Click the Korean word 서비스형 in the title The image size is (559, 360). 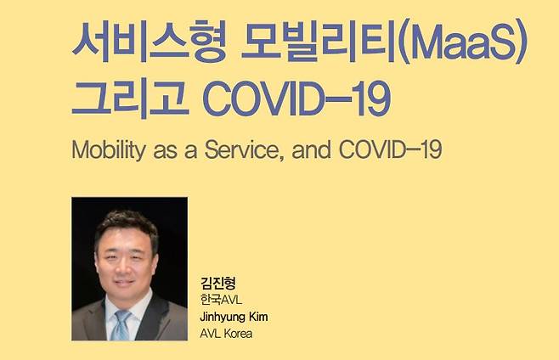point(150,41)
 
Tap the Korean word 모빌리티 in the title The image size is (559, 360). point(319,41)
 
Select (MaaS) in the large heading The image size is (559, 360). point(461,41)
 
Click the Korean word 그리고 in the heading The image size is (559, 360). point(130,98)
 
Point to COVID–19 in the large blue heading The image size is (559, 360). point(296,98)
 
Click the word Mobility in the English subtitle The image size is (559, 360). point(109,149)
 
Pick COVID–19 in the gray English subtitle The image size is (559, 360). point(391,149)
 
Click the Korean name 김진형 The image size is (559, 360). point(217,283)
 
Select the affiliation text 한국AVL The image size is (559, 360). point(221,300)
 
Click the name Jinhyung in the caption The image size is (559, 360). point(222,317)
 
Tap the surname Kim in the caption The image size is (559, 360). point(258,316)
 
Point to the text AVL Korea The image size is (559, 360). point(226,334)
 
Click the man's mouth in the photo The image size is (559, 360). point(123,283)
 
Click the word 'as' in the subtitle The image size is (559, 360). point(165,151)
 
